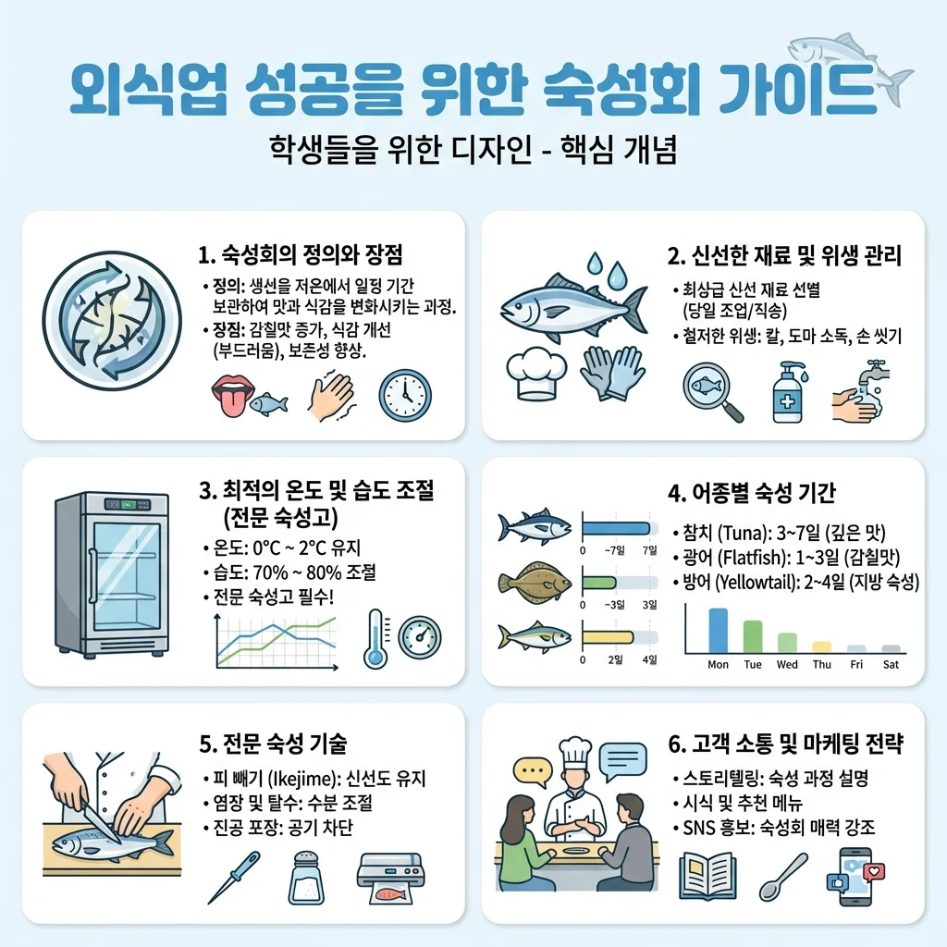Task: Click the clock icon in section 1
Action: tap(405, 396)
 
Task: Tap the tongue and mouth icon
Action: tap(232, 396)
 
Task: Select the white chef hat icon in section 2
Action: tap(535, 373)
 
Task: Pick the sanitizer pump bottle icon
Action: tap(789, 392)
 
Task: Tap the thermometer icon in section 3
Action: tap(375, 638)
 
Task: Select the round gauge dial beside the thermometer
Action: tap(420, 637)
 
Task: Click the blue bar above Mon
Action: tap(718, 631)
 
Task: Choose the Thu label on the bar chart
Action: tap(822, 664)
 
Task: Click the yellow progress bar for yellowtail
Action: tap(609, 637)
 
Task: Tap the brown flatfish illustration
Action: tap(535, 583)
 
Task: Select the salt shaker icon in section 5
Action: tap(306, 878)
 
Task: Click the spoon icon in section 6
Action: tap(782, 877)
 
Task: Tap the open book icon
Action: tap(707, 877)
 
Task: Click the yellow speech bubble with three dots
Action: tap(532, 772)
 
